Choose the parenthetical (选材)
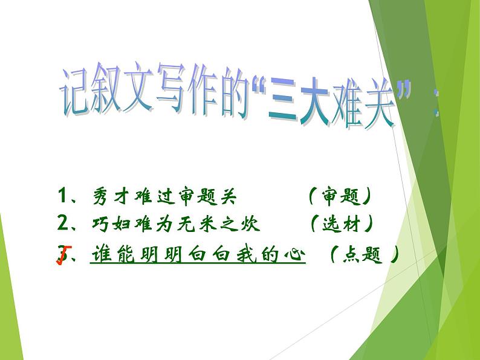tap(342, 225)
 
